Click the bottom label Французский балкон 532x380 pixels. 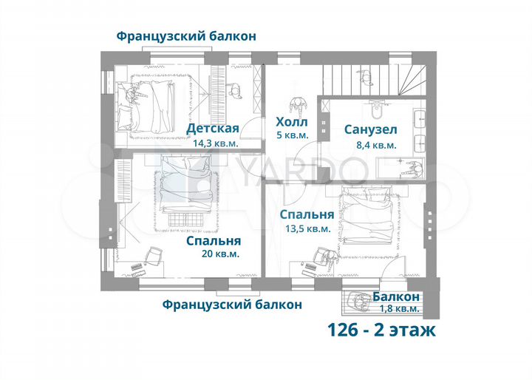pyautogui.click(x=232, y=304)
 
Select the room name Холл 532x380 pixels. pyautogui.click(x=291, y=122)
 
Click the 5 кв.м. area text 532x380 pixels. pyautogui.click(x=291, y=136)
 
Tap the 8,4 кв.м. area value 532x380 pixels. pyautogui.click(x=371, y=145)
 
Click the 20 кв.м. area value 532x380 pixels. pyautogui.click(x=219, y=254)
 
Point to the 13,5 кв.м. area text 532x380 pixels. pyautogui.click(x=307, y=229)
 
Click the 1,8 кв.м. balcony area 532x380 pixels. pyautogui.click(x=397, y=309)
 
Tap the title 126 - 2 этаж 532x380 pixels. pyautogui.click(x=382, y=330)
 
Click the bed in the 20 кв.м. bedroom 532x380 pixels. pyautogui.click(x=188, y=185)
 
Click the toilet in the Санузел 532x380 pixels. pyautogui.click(x=377, y=111)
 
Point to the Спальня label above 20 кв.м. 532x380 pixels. pyautogui.click(x=213, y=240)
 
